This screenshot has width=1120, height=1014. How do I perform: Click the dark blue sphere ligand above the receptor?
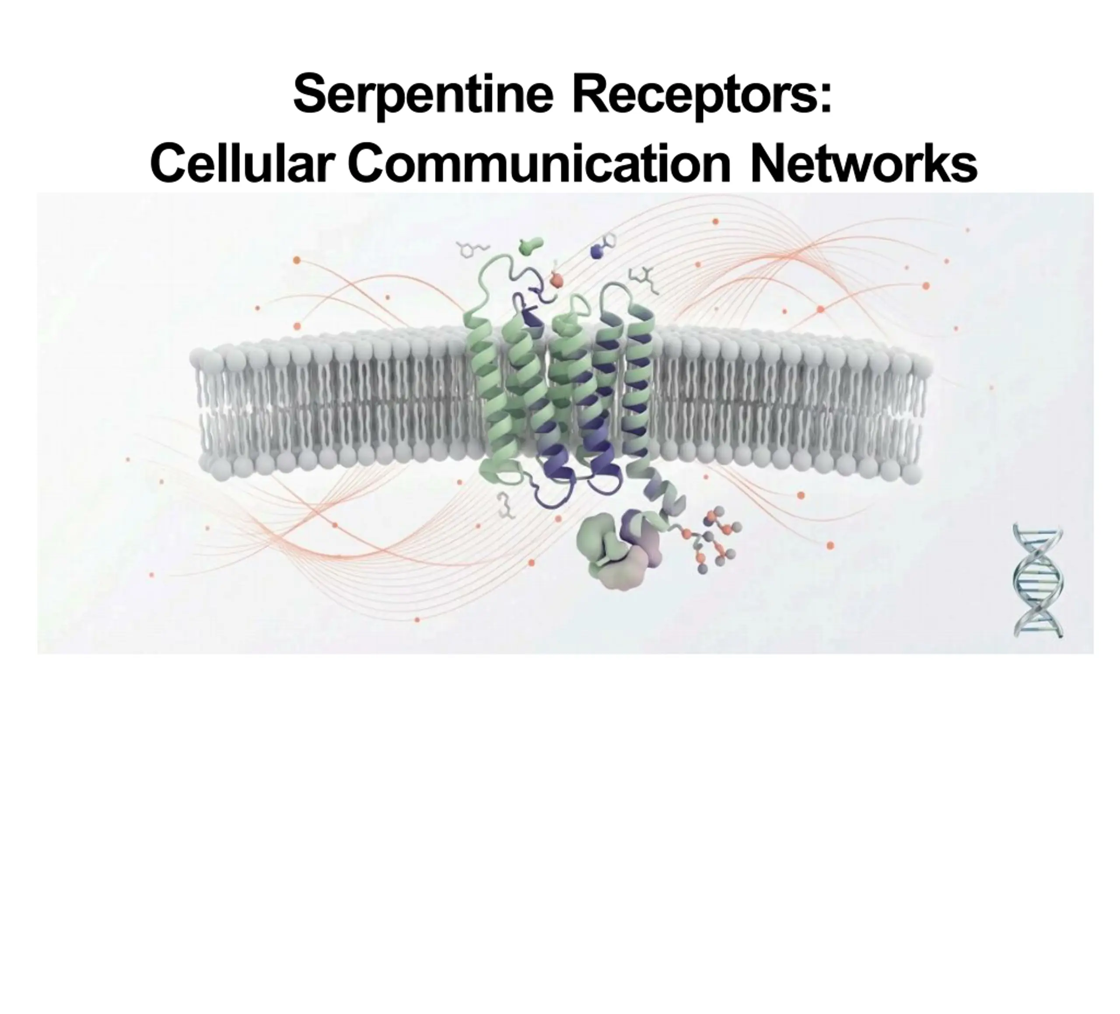coord(597,252)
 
